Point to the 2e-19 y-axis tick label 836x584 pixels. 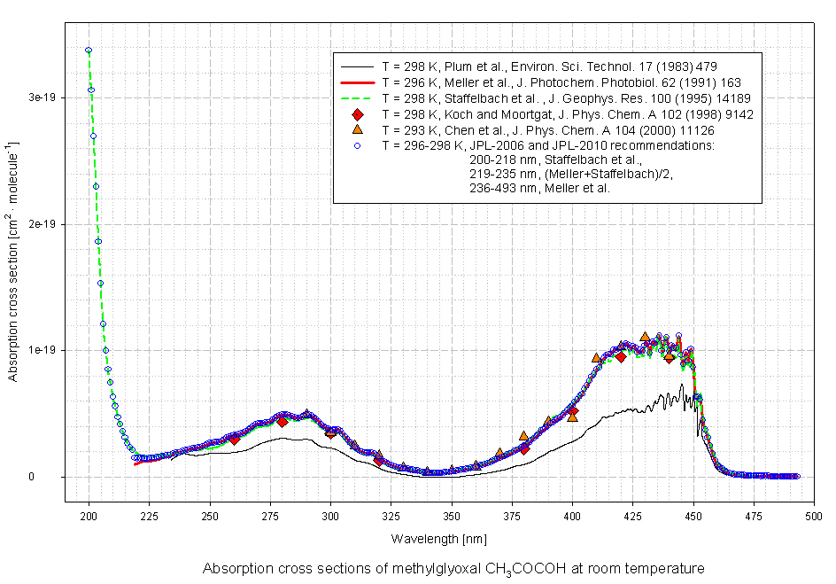tap(41, 224)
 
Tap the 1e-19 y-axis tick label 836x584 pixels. tap(41, 350)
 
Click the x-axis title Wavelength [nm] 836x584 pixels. tap(438, 539)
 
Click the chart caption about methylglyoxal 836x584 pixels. tap(453, 569)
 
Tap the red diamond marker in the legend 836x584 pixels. tap(358, 114)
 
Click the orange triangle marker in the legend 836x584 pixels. tap(358, 129)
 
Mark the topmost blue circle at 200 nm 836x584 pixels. tap(89, 51)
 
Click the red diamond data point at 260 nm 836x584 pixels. tap(234, 439)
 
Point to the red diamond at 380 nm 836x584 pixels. tap(524, 448)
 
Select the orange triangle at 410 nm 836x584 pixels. tap(596, 358)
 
